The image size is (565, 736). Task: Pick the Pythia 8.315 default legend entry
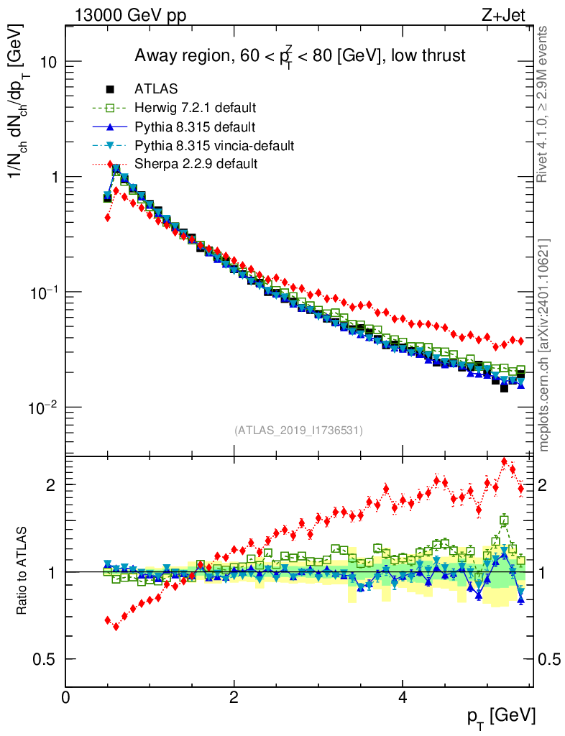tap(195, 127)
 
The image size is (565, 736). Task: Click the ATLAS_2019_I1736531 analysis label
tap(298, 431)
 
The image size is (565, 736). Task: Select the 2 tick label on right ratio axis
tap(545, 484)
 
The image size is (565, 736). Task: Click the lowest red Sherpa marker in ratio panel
tap(116, 627)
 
